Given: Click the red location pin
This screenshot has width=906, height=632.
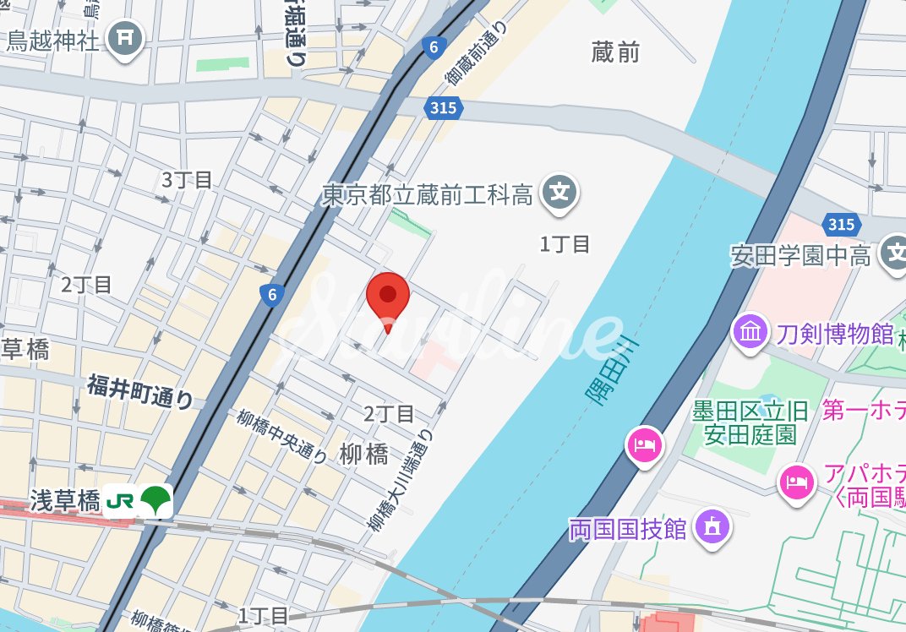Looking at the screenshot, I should point(388,297).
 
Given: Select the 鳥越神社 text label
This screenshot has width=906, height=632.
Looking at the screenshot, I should point(53,41).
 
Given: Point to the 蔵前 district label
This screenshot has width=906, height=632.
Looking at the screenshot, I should point(615,52).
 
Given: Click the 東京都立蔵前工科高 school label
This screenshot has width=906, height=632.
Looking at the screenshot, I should point(428,196).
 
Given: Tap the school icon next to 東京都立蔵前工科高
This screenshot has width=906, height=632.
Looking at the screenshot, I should point(559,193).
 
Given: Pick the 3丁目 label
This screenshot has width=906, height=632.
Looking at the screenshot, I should point(187,179).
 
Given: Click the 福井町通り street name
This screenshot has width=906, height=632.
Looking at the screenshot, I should point(139,390).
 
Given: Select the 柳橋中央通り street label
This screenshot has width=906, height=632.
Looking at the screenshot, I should point(281,436).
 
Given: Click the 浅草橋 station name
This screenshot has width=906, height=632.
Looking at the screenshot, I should point(66,500).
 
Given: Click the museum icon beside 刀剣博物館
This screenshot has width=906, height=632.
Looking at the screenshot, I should point(750,331).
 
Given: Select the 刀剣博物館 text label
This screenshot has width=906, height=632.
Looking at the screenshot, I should point(834,334).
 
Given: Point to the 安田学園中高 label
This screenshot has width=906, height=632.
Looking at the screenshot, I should point(801,255).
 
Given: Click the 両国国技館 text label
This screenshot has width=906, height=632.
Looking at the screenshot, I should point(627,530).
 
